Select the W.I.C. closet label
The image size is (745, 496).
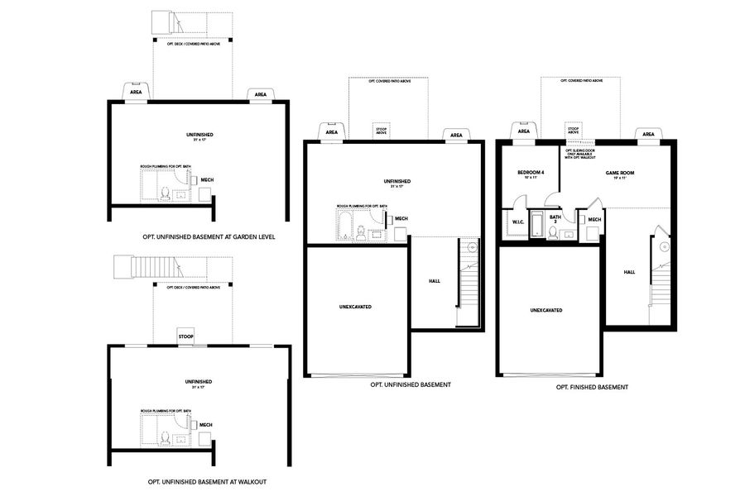(518, 222)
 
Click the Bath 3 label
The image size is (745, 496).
(555, 219)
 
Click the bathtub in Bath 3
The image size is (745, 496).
(536, 226)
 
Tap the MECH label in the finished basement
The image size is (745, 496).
(594, 219)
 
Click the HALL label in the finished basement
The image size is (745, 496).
(629, 272)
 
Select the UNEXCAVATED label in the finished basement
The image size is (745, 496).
(546, 310)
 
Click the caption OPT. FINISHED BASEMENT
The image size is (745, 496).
(592, 387)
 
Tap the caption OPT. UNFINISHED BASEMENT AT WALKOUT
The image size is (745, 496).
(207, 481)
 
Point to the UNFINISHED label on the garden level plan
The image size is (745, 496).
(199, 135)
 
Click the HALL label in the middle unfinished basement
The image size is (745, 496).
(435, 281)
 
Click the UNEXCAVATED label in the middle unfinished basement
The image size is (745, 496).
(356, 307)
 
